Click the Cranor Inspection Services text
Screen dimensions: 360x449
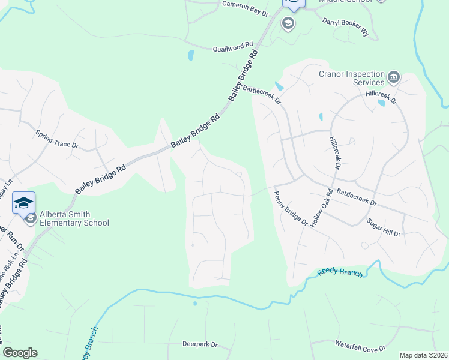coord(351,78)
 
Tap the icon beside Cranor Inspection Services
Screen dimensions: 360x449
coord(393,76)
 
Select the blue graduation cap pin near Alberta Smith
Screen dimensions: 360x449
coord(23,203)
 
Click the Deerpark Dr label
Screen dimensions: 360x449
coord(200,344)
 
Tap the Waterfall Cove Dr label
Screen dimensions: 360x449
coord(360,346)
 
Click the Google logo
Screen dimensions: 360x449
coord(20,353)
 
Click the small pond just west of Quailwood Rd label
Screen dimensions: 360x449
coord(191,56)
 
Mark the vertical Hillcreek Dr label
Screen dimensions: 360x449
coord(334,152)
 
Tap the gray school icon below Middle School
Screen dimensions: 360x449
coord(288,23)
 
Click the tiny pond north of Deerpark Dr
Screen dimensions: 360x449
coord(195,304)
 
